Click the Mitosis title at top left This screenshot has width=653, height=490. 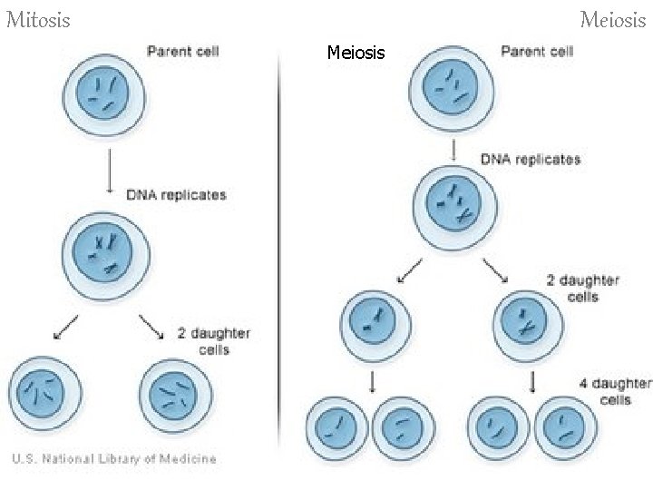click(x=38, y=18)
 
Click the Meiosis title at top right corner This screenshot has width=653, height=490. click(x=615, y=18)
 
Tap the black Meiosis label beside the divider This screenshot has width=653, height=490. click(x=356, y=54)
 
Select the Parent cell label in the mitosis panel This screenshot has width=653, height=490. click(x=183, y=50)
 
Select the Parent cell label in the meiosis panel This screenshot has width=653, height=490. click(x=537, y=51)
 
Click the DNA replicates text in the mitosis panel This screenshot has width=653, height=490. click(x=176, y=194)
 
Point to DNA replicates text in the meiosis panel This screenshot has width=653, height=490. click(x=531, y=159)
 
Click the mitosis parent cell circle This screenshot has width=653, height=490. click(x=99, y=91)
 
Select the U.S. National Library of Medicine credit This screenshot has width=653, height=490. click(x=113, y=458)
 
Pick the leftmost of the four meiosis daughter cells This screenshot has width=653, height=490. click(x=338, y=426)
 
